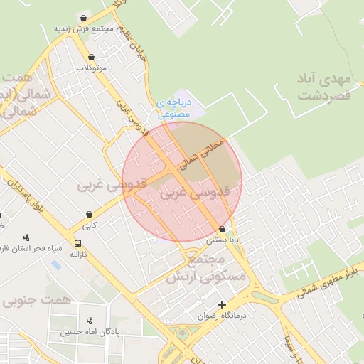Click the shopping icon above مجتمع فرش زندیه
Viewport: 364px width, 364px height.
pos(85,18)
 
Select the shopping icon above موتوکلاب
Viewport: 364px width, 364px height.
pos(90,58)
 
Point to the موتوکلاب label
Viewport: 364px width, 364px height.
pos(91,68)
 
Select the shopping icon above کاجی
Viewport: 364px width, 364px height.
pos(89,214)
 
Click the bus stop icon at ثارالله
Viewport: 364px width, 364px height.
pos(77,243)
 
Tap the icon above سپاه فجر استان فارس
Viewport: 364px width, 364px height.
pos(27,237)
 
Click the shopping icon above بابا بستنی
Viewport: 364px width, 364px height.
pos(223,230)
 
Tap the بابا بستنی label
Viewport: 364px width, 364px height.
pos(223,240)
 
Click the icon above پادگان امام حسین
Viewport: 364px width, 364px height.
pos(89,321)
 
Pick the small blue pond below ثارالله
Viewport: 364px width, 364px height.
pos(55,265)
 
